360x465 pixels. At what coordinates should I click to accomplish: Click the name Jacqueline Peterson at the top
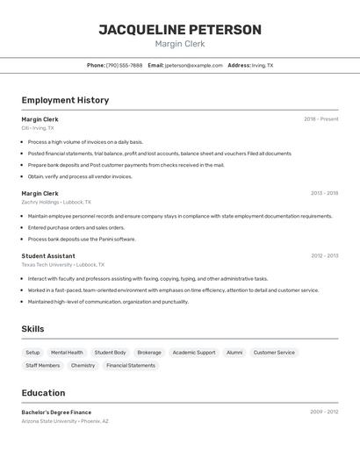[x=179, y=30]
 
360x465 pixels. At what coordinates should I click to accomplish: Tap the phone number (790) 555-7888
[x=124, y=65]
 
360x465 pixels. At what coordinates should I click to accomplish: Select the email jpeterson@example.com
[x=193, y=65]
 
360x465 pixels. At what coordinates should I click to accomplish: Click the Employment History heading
[x=65, y=100]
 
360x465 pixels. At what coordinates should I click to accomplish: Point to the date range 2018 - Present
[x=320, y=119]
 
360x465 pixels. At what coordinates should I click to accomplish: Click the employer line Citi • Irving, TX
[x=38, y=128]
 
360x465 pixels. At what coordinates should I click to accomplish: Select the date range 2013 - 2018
[x=324, y=193]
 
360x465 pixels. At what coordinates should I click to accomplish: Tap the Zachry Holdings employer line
[x=56, y=202]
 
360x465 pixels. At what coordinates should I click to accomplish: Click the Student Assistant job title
[x=48, y=256]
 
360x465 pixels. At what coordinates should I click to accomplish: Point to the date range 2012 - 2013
[x=324, y=256]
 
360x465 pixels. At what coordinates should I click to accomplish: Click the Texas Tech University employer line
[x=62, y=264]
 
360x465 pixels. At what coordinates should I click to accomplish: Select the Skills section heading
[x=33, y=329]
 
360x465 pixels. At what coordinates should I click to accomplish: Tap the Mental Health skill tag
[x=67, y=353]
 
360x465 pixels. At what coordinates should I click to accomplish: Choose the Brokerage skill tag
[x=149, y=353]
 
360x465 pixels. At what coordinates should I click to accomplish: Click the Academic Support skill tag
[x=193, y=353]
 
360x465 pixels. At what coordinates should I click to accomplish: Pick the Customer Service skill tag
[x=274, y=353]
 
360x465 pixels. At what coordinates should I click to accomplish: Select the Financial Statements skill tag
[x=131, y=365]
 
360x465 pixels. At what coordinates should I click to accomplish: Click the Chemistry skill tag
[x=83, y=365]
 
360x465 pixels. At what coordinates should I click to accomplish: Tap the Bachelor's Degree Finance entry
[x=56, y=411]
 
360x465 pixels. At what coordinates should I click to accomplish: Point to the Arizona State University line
[x=65, y=421]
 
